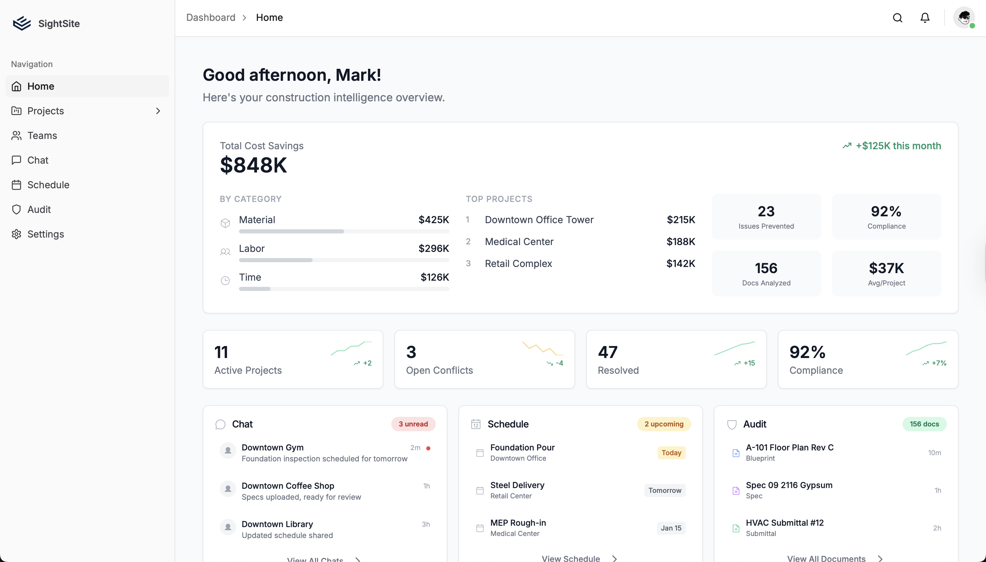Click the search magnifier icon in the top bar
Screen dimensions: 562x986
(x=898, y=18)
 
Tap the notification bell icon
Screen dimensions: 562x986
(x=925, y=18)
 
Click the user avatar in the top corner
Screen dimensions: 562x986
(x=964, y=18)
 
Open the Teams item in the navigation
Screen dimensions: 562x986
(x=42, y=136)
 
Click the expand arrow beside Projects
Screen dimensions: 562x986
(x=158, y=111)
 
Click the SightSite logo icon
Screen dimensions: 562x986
(x=22, y=24)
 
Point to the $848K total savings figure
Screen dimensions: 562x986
(x=253, y=165)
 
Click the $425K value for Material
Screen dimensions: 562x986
(x=433, y=220)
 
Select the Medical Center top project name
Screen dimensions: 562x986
(x=519, y=242)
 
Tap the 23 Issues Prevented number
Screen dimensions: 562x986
(x=766, y=212)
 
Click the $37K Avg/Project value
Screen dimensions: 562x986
(x=886, y=268)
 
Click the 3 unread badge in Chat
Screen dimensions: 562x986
(x=413, y=424)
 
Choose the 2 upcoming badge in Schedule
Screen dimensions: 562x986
(x=663, y=424)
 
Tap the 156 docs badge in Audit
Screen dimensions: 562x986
(x=924, y=424)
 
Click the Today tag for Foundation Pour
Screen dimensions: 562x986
(x=671, y=453)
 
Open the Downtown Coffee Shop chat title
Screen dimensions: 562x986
(x=288, y=486)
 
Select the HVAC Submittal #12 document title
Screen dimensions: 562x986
(x=784, y=523)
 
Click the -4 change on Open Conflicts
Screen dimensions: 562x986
(x=559, y=363)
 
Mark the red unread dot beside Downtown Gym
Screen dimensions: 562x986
(x=428, y=448)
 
